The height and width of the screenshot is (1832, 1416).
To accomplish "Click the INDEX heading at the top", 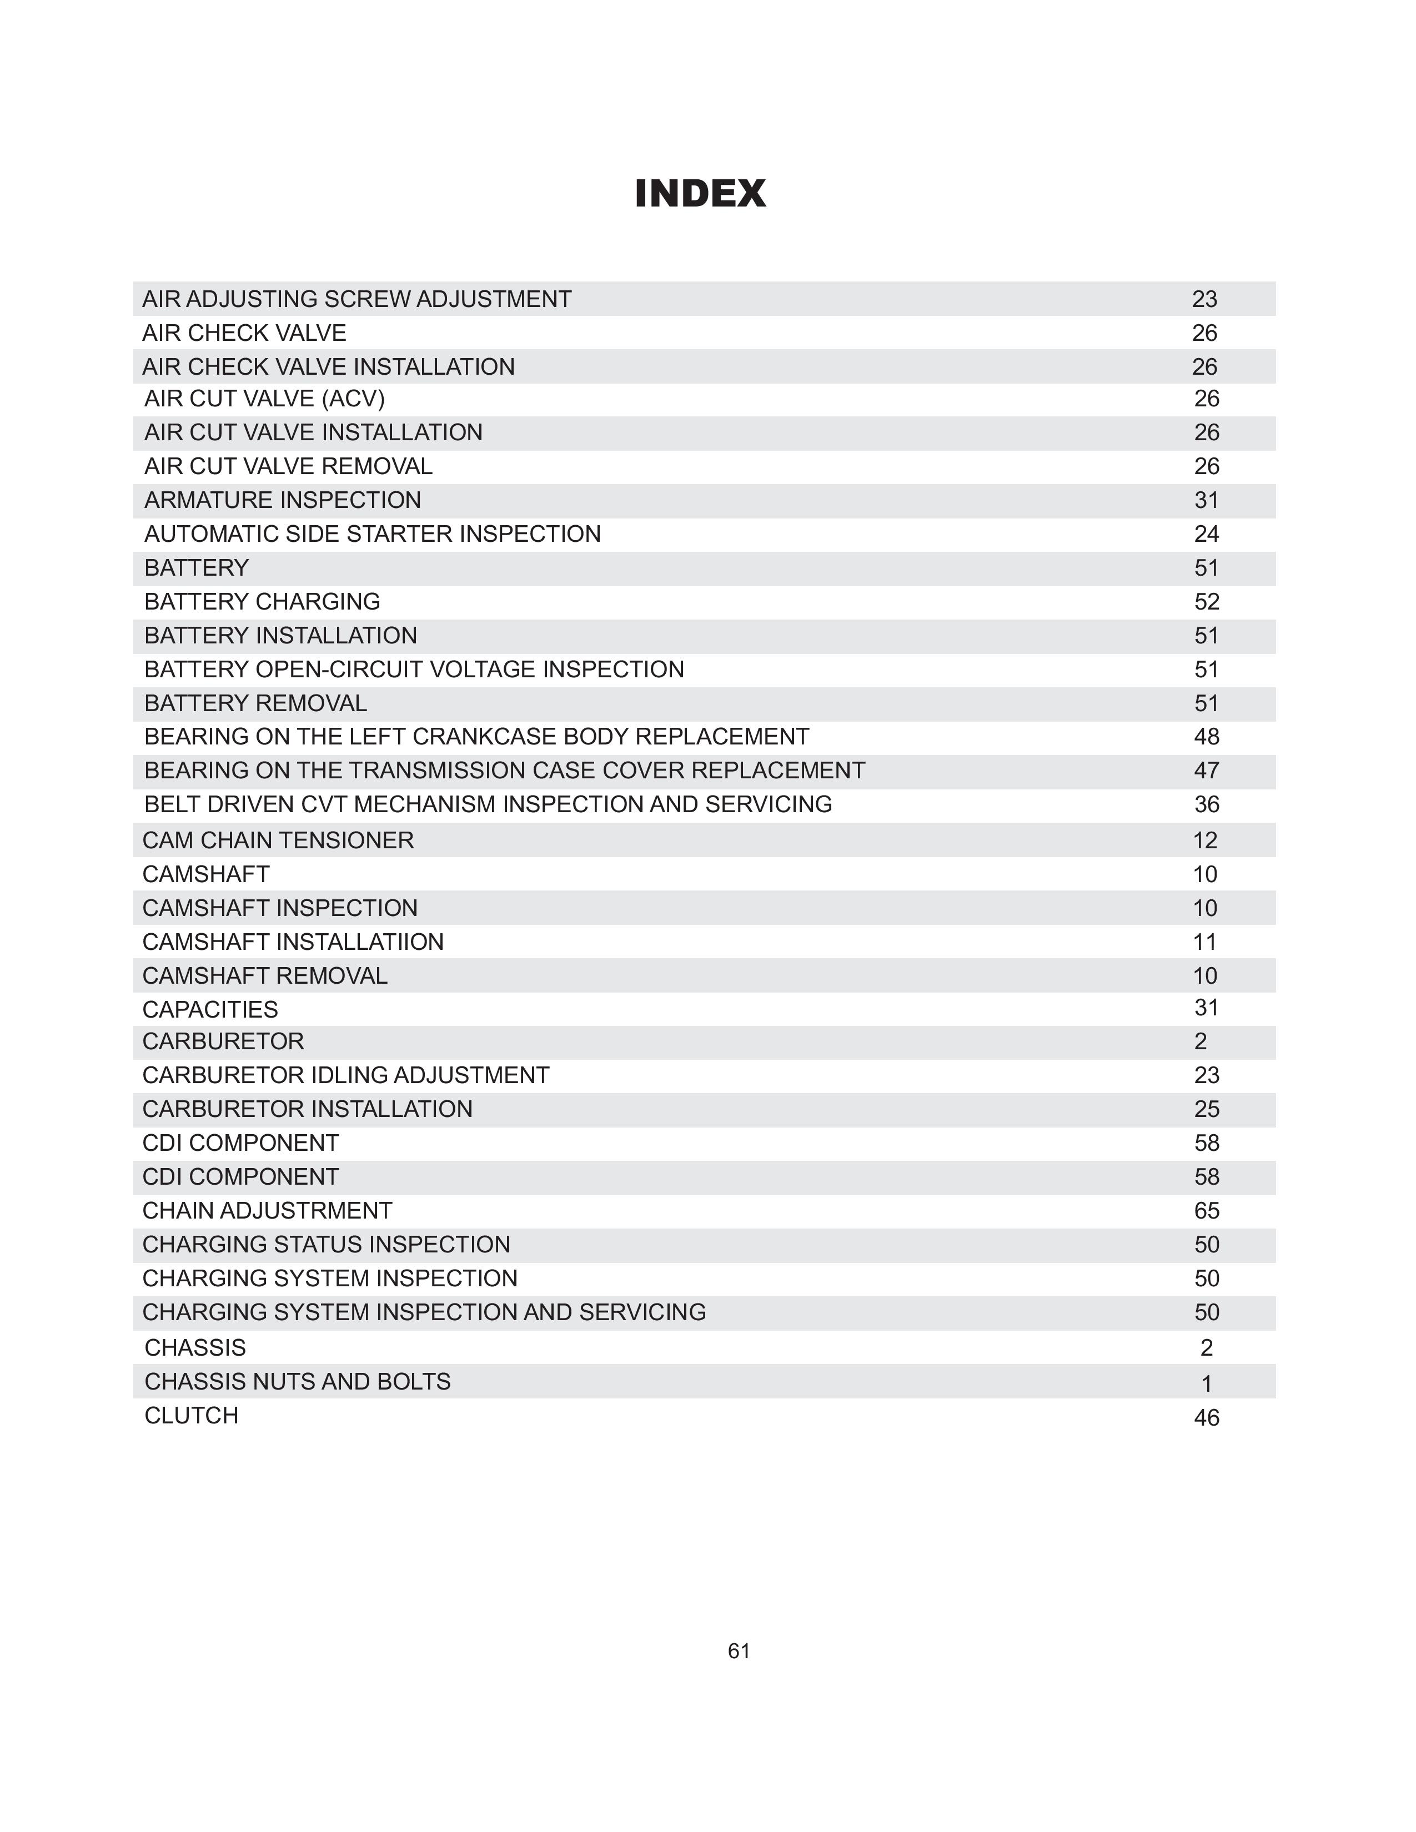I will coord(700,194).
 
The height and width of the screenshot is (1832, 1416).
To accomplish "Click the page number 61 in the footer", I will coord(738,1651).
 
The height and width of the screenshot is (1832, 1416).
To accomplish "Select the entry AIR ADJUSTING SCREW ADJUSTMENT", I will coord(356,299).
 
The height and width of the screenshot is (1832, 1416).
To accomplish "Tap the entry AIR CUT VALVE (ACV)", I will coord(264,399).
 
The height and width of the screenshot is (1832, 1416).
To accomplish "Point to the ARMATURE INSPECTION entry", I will coord(283,500).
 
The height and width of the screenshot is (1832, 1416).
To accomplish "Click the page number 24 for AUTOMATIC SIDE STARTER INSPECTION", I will coord(1206,534).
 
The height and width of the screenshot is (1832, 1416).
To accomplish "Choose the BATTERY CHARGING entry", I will coord(262,601).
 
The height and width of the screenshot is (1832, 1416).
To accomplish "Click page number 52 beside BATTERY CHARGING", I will coord(1206,601).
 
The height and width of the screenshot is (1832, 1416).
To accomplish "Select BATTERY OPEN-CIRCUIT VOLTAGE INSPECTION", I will coord(414,670).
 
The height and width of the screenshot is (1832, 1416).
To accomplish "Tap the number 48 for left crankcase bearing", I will coord(1206,737).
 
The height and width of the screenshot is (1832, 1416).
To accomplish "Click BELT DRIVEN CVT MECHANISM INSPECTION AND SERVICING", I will coord(488,804).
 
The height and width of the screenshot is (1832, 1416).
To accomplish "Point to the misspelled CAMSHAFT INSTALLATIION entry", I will coord(293,942).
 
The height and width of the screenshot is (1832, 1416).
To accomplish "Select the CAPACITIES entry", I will coord(210,1009).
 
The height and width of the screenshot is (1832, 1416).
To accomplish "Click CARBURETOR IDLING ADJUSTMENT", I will coord(345,1075).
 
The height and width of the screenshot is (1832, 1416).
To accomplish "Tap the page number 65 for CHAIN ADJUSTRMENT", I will coord(1206,1210).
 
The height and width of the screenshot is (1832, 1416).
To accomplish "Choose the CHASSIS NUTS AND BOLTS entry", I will coord(297,1382).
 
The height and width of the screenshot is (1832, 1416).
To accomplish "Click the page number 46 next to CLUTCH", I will coord(1206,1418).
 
